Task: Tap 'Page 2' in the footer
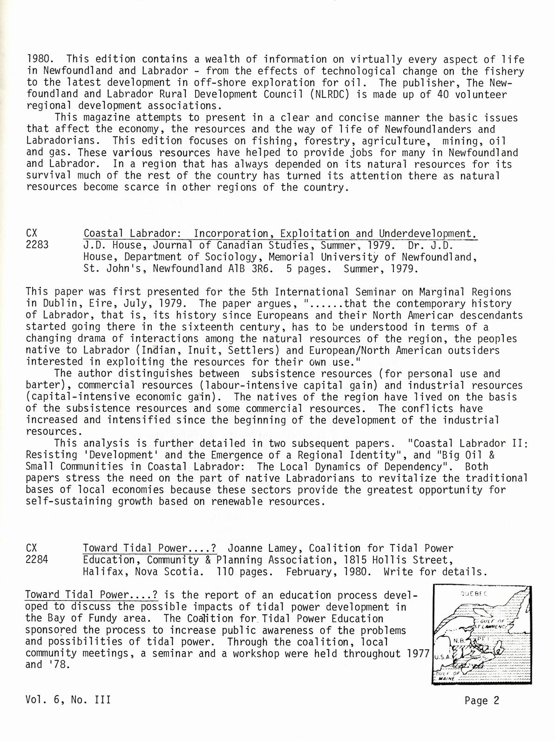click(481, 700)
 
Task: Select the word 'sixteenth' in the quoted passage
click(206, 327)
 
